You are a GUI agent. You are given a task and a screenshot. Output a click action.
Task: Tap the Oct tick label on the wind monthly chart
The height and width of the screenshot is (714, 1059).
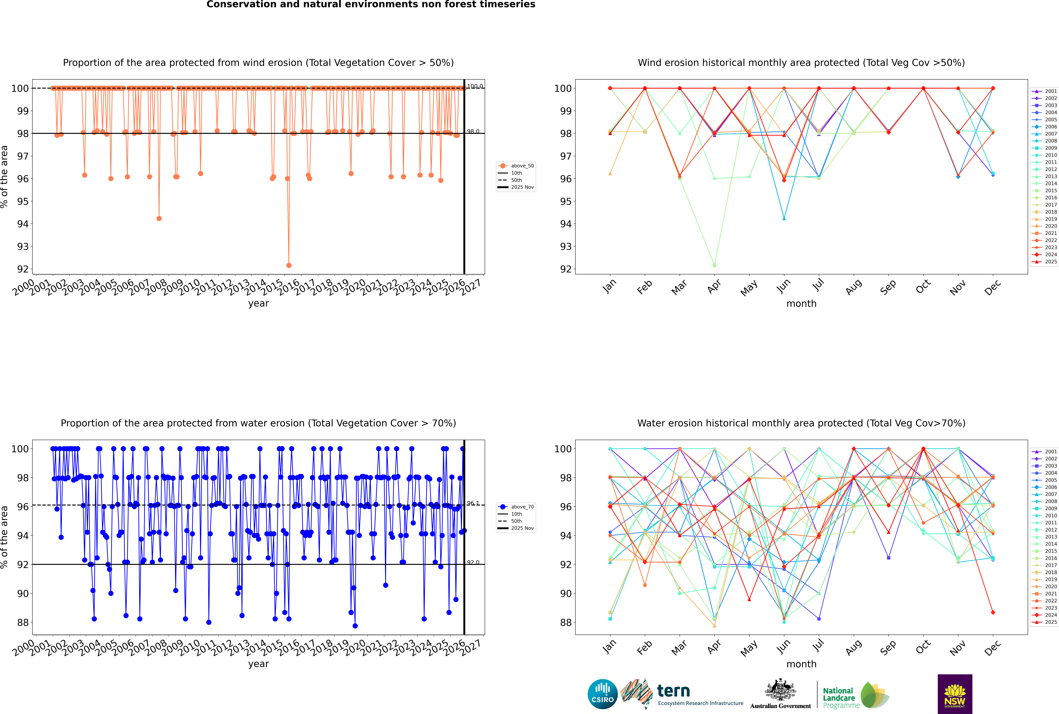click(923, 287)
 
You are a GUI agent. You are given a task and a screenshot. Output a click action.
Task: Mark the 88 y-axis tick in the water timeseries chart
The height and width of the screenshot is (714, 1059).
click(23, 622)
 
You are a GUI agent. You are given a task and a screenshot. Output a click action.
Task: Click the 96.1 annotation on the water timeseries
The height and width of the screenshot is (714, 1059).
click(473, 503)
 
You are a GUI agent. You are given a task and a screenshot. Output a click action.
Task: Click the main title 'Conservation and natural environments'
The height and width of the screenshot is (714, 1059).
click(371, 5)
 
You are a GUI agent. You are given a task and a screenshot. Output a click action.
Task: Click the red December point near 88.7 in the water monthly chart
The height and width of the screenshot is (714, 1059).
click(993, 612)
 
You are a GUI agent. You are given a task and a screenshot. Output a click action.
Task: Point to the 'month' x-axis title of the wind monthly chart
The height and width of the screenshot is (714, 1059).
click(801, 304)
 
